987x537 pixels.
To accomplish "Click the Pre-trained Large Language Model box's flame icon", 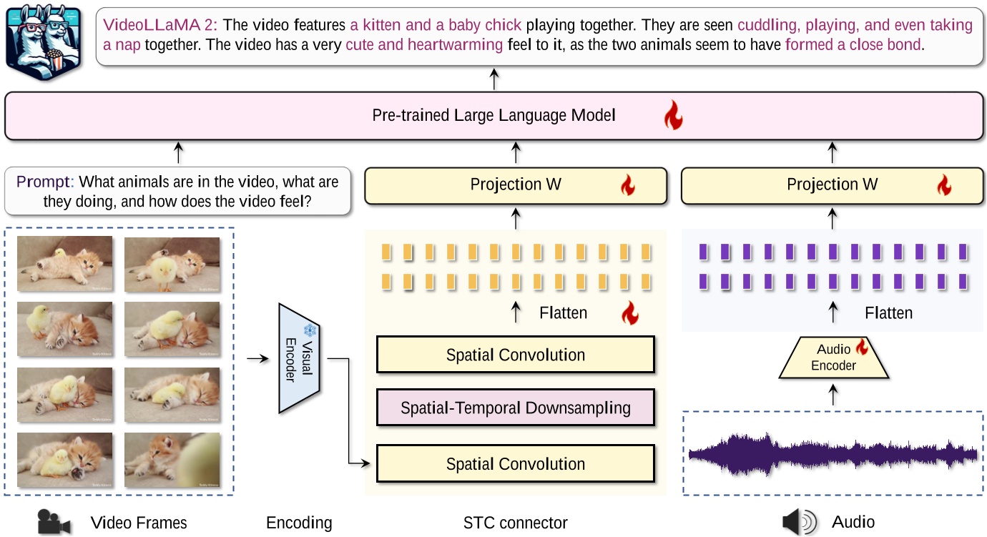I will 673,115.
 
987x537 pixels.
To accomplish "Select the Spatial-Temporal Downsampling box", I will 515,408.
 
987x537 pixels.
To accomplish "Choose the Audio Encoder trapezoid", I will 833,357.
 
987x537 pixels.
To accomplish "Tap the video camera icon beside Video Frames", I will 54,523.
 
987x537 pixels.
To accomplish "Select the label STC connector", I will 515,523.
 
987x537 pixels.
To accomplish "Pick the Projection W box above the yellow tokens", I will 515,185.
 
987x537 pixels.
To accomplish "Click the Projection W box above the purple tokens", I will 832,185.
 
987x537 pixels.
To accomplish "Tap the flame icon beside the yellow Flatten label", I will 629,312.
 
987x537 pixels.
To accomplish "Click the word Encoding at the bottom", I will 299,523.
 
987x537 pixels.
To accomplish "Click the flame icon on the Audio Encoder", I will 862,348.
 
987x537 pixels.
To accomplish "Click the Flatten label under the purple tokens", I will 888,313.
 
